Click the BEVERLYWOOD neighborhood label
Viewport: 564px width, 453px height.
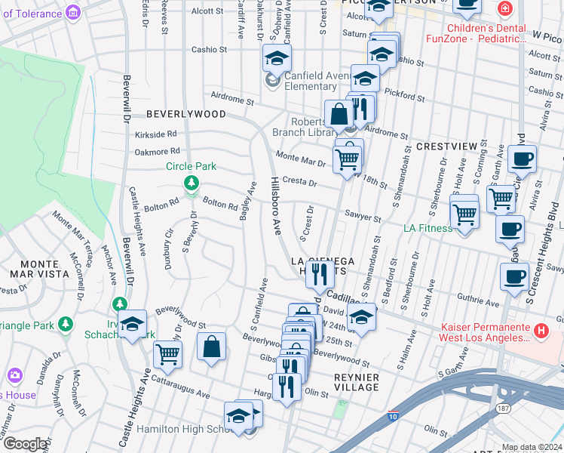click(x=185, y=114)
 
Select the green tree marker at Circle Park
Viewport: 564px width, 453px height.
click(x=192, y=183)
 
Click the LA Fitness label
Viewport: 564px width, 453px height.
click(x=428, y=228)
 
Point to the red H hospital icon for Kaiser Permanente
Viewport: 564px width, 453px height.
click(x=540, y=331)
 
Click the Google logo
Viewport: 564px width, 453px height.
click(x=25, y=444)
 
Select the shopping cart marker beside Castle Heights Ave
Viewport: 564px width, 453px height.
click(x=167, y=353)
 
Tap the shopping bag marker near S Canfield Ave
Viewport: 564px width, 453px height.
click(x=213, y=347)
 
